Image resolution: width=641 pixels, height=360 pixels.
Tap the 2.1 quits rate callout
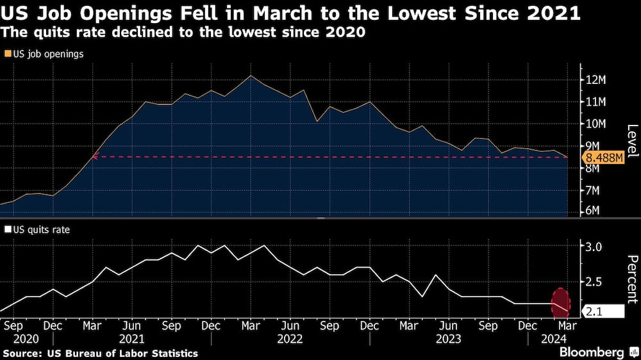(x=603, y=311)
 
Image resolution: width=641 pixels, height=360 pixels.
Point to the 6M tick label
(x=595, y=211)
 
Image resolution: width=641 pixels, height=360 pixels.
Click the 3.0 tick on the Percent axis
(x=595, y=247)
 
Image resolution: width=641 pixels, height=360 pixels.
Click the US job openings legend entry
(x=44, y=54)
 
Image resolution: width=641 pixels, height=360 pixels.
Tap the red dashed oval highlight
(x=561, y=302)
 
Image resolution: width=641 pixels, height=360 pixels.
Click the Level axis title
(x=631, y=141)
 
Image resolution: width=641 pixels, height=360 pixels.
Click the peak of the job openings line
(x=251, y=76)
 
